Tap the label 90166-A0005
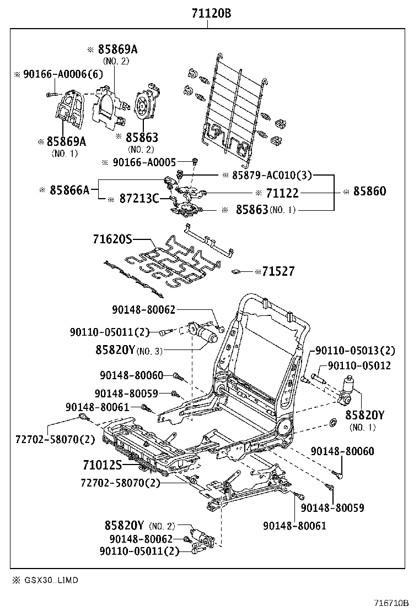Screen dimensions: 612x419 point(144,162)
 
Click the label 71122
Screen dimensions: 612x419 point(282,193)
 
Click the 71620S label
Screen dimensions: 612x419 point(112,239)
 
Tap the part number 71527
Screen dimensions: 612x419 point(278,271)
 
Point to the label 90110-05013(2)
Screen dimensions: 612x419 point(355,351)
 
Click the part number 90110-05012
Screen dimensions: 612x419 point(359,365)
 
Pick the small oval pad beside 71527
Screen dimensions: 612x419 point(237,271)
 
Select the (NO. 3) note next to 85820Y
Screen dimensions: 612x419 point(150,351)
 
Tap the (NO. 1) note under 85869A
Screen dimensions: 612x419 point(65,154)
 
